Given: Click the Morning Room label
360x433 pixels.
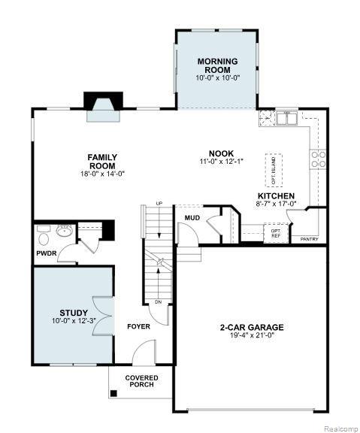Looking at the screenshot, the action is [x=217, y=65].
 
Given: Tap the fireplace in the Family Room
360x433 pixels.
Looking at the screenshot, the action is [x=103, y=107].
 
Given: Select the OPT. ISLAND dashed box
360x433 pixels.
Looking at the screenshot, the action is [x=274, y=171].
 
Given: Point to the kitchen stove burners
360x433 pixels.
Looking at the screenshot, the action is [x=318, y=159].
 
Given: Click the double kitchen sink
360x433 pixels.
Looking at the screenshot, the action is [x=287, y=119].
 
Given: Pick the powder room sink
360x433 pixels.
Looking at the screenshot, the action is [x=65, y=230].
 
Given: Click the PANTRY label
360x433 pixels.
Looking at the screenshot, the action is [x=309, y=239].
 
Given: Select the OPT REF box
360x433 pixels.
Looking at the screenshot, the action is [x=276, y=233].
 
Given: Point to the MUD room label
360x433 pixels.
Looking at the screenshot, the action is [x=192, y=218].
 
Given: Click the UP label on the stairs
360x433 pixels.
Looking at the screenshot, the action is [x=159, y=204].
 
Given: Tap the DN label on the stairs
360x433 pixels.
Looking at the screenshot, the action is [x=158, y=302].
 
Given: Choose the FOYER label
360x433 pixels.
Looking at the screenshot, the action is [x=138, y=327].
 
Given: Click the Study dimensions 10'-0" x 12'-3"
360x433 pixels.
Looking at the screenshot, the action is [x=74, y=321].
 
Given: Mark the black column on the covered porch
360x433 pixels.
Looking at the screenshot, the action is [x=113, y=393].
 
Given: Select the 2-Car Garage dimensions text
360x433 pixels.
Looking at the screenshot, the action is [x=252, y=335].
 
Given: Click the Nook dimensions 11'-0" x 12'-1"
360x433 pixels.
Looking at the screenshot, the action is [x=221, y=162].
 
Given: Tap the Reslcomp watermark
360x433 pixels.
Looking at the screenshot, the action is [x=341, y=428].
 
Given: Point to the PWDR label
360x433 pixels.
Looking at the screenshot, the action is [x=47, y=253].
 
